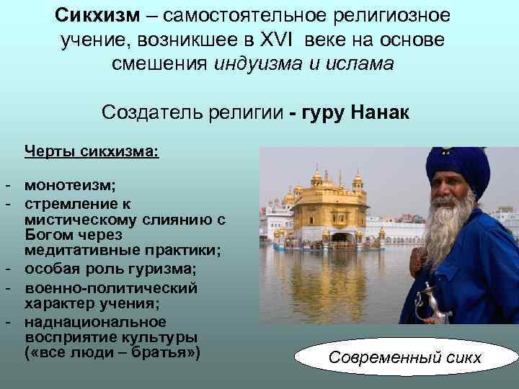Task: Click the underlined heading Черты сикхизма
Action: click(x=92, y=153)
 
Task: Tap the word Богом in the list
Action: click(x=47, y=235)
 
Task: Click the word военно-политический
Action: click(x=110, y=287)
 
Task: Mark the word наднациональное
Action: click(x=94, y=321)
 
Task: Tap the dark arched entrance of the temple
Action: click(x=338, y=237)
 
